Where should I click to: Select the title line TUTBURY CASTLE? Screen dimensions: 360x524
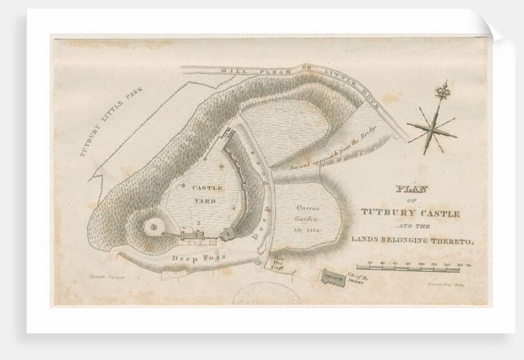click(410, 214)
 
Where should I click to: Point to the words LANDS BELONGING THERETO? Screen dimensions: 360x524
click(413, 241)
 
